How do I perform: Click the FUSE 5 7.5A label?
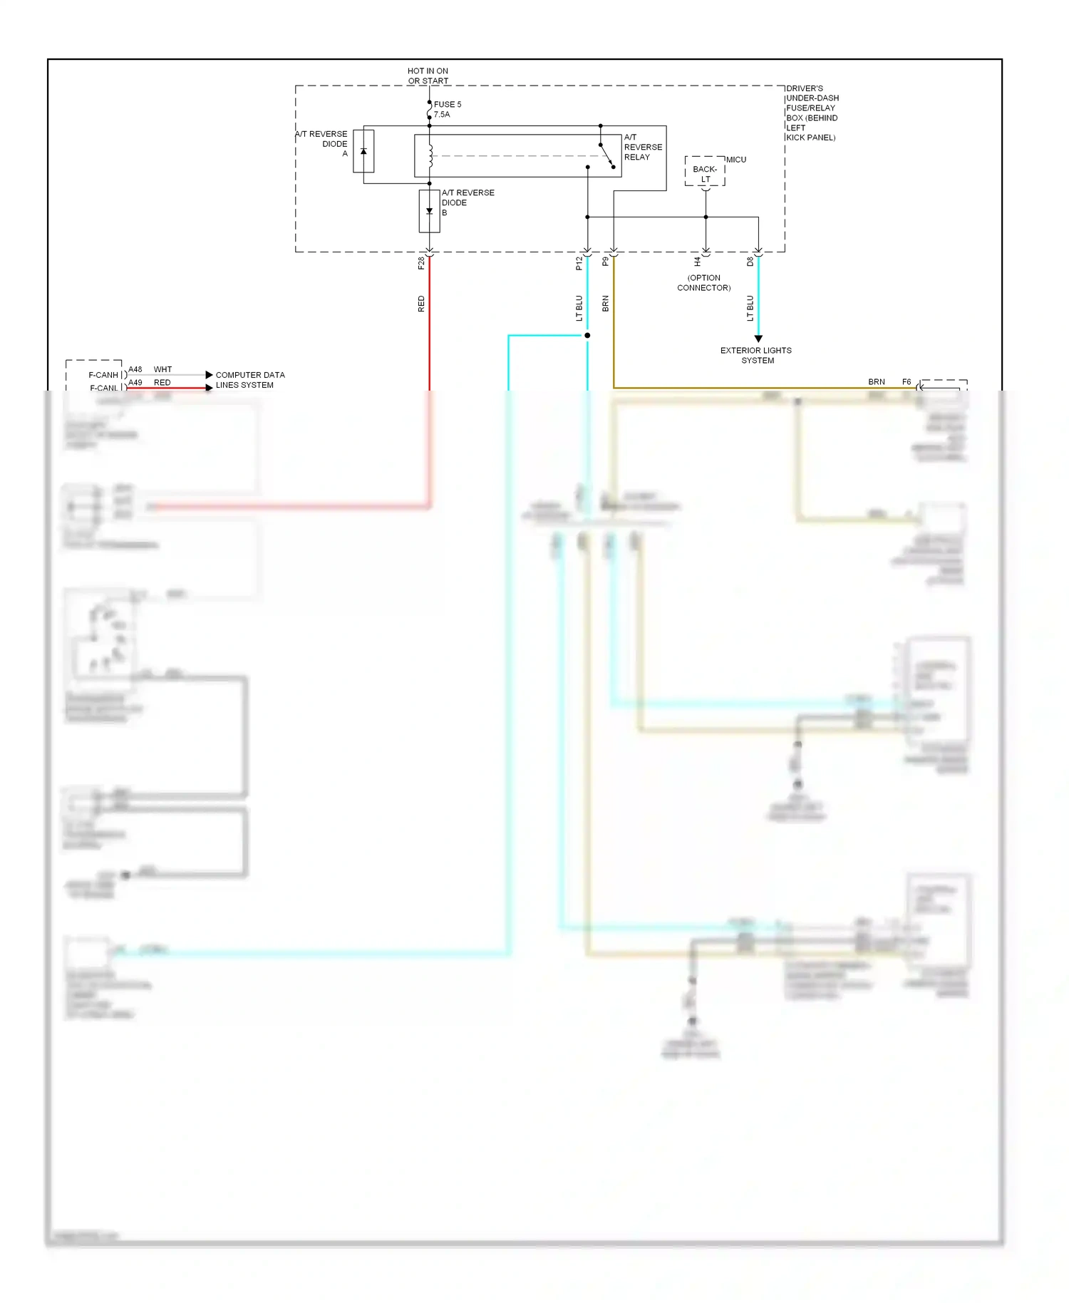447,109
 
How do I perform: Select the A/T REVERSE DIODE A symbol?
363,151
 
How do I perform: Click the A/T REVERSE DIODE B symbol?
429,211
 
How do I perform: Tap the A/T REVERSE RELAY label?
642,147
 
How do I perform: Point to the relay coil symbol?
430,156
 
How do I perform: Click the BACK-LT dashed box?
705,172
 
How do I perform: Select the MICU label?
736,160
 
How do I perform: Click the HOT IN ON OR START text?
428,76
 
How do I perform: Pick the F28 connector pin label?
421,264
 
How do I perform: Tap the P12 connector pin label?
579,264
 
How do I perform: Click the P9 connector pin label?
605,262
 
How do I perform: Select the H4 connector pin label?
697,262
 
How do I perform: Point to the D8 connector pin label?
750,262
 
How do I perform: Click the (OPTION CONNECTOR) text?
703,283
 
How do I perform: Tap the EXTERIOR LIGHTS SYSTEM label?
756,355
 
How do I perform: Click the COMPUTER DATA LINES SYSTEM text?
249,380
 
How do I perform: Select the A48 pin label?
135,369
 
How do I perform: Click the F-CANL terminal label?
104,388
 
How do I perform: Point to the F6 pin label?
907,382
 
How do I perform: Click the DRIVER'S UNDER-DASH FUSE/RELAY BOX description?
812,113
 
